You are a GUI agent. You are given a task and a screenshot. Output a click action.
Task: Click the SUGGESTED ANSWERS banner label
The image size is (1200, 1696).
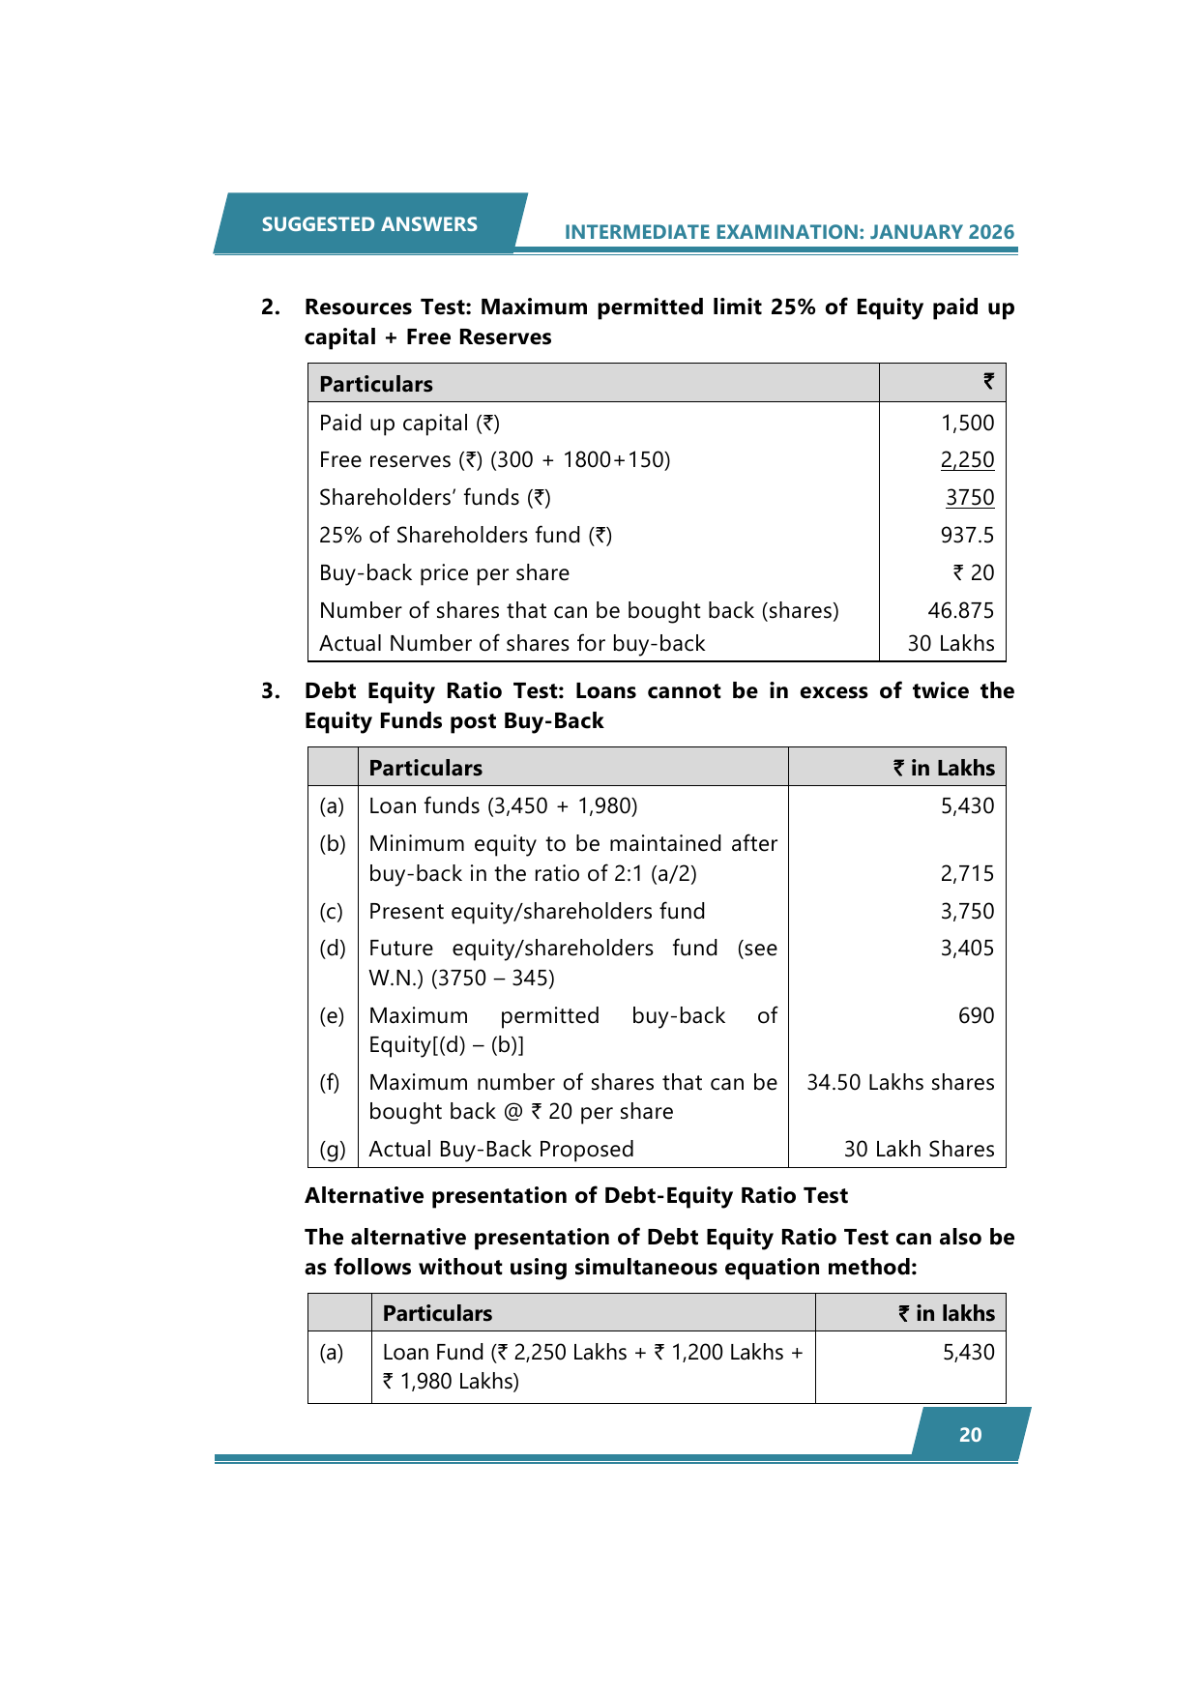[x=369, y=224]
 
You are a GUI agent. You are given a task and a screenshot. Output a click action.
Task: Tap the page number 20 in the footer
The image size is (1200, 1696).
[x=970, y=1435]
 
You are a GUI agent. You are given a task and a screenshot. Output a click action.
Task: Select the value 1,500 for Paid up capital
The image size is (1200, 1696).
[x=967, y=424]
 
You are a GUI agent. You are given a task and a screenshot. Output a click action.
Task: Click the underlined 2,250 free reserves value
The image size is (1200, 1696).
[x=967, y=460]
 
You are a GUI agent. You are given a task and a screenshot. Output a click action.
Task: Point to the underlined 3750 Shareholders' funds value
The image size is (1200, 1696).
[x=970, y=498]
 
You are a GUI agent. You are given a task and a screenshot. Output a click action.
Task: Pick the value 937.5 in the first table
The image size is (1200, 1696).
[x=967, y=536]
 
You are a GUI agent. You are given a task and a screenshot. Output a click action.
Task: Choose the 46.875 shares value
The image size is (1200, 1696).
[x=960, y=611]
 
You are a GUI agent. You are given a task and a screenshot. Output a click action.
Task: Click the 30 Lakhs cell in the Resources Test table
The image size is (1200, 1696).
[x=951, y=644]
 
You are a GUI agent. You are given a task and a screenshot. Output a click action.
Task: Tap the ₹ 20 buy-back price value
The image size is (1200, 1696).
[x=973, y=573]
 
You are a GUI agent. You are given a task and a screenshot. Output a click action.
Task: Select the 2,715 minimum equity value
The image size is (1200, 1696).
[x=967, y=874]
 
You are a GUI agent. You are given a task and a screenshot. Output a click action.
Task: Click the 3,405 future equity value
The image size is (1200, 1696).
[x=967, y=949]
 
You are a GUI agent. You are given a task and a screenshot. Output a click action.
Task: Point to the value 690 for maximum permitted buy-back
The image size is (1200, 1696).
[x=976, y=1016]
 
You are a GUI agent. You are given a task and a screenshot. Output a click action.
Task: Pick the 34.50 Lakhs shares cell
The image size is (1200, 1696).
[x=900, y=1083]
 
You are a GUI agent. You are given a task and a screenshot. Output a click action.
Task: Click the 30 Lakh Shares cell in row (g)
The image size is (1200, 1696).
[x=919, y=1150]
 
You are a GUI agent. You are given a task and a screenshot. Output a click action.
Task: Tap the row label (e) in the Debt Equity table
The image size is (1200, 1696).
[x=332, y=1016]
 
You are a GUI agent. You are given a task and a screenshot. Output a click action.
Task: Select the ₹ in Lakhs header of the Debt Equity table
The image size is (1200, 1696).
[x=944, y=769]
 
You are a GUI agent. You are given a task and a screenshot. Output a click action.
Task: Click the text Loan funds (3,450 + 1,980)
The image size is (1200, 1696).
[x=503, y=806]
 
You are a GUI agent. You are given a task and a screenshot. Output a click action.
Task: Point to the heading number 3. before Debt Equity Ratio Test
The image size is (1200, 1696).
[x=271, y=691]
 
